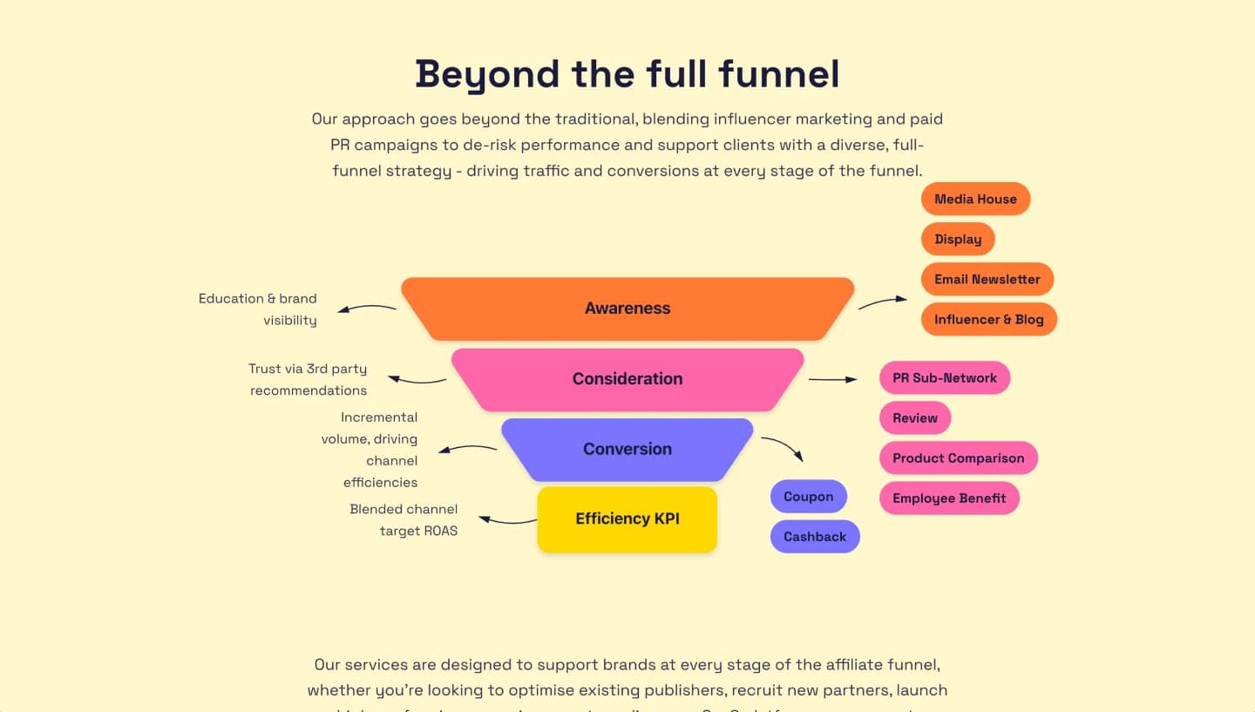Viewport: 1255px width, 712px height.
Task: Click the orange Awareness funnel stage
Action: pos(627,309)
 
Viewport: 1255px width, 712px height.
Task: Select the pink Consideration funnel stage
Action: pos(627,379)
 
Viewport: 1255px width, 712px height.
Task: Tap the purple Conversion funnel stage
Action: pos(627,450)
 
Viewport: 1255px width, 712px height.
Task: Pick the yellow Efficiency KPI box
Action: pos(627,519)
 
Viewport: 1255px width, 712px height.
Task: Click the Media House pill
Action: pos(975,199)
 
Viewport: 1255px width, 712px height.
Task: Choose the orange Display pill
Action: pos(958,239)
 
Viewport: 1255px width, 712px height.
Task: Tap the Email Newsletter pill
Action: pos(987,279)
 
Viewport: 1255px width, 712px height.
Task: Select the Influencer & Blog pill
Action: pos(988,319)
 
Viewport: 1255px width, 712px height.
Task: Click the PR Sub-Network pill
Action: pos(945,378)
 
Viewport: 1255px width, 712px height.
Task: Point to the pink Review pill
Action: pos(915,418)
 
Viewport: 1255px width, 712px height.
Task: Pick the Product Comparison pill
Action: pos(958,458)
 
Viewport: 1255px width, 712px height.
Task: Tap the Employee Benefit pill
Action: pos(949,498)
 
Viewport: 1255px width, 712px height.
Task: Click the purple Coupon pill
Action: pos(808,497)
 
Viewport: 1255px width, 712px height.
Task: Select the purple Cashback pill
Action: pos(815,537)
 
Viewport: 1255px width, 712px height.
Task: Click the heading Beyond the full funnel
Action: pos(627,74)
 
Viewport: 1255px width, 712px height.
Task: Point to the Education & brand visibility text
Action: pos(258,309)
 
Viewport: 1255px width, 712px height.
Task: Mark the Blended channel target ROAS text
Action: pos(404,520)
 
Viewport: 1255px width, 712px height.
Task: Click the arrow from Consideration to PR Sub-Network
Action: pos(833,379)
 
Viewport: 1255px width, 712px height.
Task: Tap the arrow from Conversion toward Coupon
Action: pos(784,448)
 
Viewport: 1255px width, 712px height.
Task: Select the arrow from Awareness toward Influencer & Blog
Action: pos(883,302)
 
